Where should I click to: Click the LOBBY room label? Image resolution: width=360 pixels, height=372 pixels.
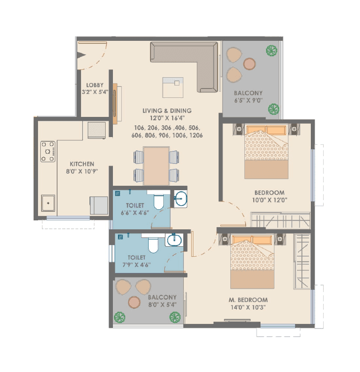(95, 85)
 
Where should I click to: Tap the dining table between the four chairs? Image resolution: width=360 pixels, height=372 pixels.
(156, 165)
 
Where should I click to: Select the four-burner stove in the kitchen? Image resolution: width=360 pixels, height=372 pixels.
(48, 152)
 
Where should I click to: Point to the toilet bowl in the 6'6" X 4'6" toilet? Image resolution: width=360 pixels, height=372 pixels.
(158, 201)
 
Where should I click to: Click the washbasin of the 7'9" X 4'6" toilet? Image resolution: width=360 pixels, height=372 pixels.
(174, 241)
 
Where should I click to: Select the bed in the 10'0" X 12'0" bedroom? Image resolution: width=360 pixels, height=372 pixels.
(266, 152)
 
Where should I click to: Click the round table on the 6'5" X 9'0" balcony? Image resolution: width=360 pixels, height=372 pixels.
(249, 64)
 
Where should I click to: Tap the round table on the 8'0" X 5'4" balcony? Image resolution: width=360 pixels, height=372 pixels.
(134, 303)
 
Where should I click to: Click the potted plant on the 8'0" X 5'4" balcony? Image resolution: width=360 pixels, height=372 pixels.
(120, 317)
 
